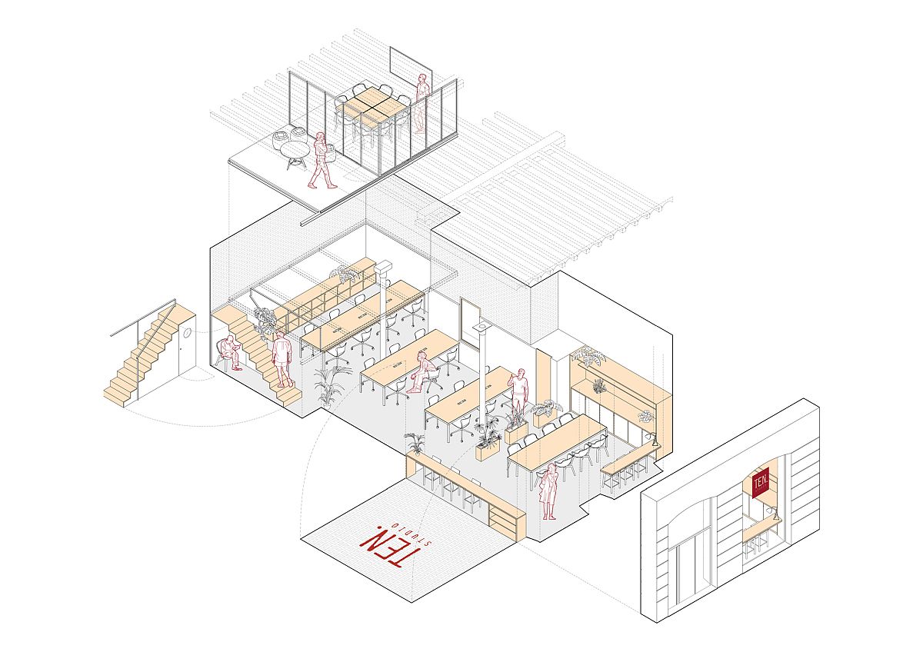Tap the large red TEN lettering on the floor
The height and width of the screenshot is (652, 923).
click(x=382, y=547)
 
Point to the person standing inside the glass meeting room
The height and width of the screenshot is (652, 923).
click(x=422, y=102)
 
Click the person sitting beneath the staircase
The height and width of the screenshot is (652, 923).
click(x=228, y=354)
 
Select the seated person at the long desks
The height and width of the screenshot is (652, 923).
click(x=422, y=373)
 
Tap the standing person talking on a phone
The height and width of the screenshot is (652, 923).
click(x=520, y=391)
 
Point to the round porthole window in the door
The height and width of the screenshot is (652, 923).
click(x=186, y=331)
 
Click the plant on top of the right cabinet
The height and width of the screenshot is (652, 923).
click(x=588, y=357)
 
